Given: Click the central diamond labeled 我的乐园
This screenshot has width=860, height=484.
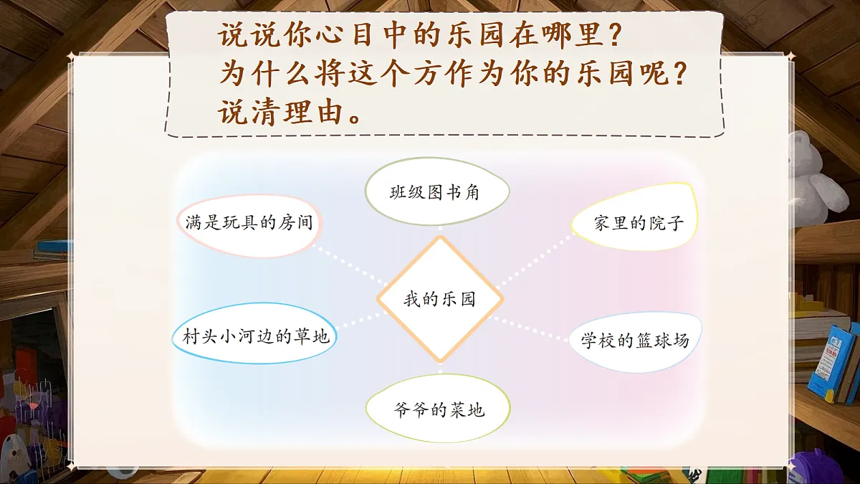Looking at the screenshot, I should [439, 299].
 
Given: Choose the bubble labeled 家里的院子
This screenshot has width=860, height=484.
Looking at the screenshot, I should [635, 223].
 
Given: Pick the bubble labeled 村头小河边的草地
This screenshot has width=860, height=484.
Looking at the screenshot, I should [254, 336].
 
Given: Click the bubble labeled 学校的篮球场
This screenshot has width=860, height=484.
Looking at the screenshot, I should [635, 341].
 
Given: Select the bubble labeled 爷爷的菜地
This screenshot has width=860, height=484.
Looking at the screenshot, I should [438, 409].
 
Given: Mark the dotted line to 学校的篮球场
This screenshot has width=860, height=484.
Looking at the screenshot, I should [534, 329].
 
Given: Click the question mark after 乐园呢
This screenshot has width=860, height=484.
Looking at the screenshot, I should [688, 74].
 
